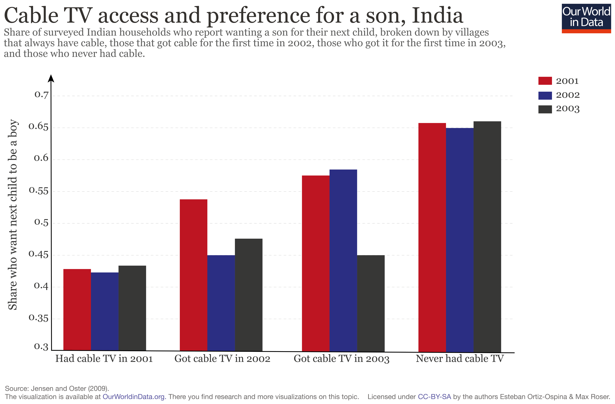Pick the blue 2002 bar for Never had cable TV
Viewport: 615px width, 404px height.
click(460, 240)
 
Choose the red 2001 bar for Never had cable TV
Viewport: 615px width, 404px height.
click(432, 237)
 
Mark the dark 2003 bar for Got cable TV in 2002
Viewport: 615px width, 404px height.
click(249, 295)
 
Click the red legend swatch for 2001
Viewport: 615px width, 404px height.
click(545, 81)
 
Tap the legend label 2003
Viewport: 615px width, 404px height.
click(568, 109)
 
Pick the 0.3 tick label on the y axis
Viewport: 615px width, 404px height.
click(41, 346)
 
